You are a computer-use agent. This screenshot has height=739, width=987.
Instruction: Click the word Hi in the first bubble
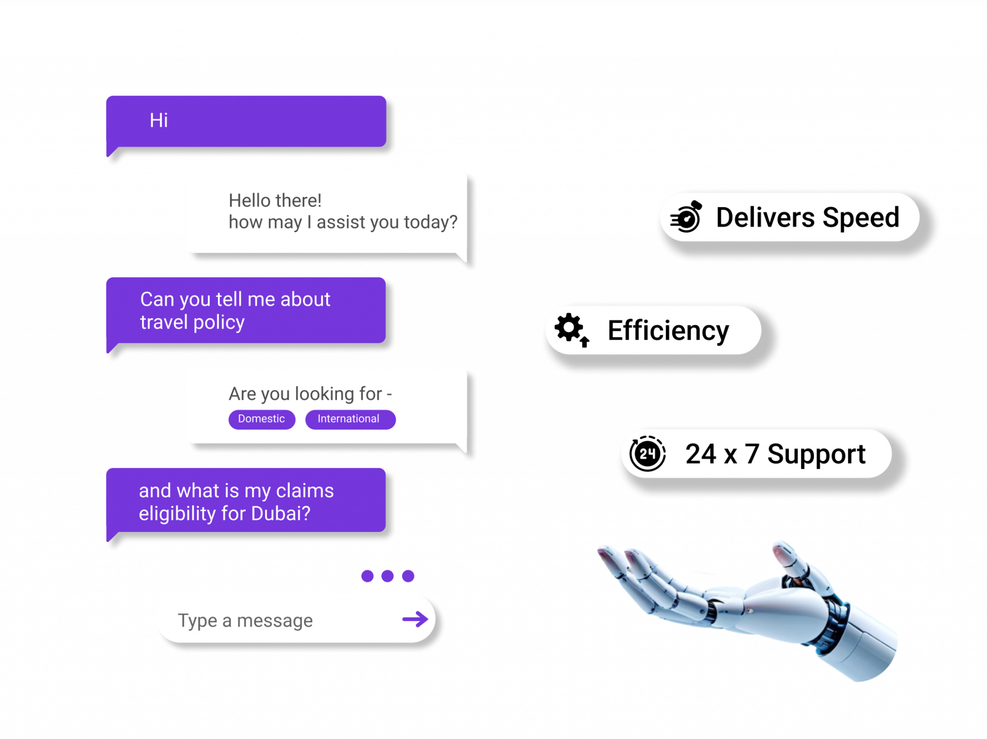click(159, 120)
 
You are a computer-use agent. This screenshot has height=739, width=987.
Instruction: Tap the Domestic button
click(261, 419)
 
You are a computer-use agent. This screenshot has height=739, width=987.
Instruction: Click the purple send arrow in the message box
click(415, 619)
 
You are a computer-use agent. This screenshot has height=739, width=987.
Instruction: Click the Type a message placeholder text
click(245, 620)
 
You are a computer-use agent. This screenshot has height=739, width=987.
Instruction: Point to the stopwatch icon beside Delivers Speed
click(686, 218)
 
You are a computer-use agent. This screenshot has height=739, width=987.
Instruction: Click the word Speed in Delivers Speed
click(861, 218)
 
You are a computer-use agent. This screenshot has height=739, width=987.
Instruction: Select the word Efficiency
click(668, 331)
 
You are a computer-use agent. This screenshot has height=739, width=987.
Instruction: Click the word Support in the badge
click(816, 454)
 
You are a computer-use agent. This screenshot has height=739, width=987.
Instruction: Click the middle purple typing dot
click(387, 576)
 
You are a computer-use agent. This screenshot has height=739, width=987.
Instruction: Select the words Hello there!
click(275, 200)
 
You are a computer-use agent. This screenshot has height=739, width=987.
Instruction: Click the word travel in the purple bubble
click(164, 322)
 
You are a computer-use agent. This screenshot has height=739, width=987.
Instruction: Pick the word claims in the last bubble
click(305, 491)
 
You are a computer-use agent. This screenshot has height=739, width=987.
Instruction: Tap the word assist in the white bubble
click(341, 222)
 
